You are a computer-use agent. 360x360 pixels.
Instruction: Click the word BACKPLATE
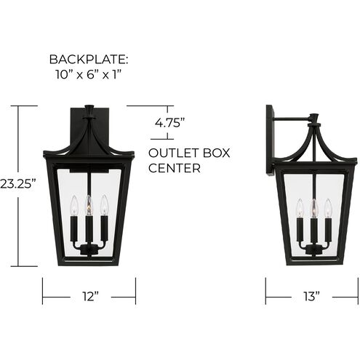(89, 59)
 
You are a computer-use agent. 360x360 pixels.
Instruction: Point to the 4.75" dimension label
(169, 123)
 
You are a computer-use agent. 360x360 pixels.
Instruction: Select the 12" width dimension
(89, 297)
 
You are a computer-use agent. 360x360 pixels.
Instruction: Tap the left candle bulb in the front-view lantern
(73, 207)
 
